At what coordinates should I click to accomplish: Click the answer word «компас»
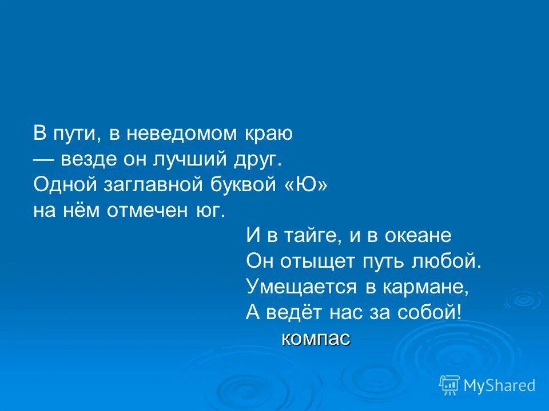pos(316,339)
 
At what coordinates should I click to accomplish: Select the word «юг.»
pos(210,211)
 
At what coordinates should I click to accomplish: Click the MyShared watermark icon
pos(449,385)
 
